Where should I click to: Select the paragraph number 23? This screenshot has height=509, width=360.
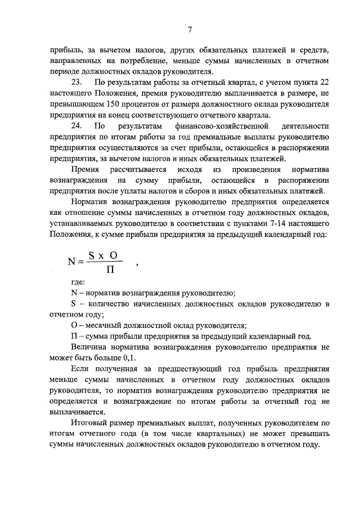tap(78, 83)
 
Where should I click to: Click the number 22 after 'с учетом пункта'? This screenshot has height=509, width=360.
tap(323, 83)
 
